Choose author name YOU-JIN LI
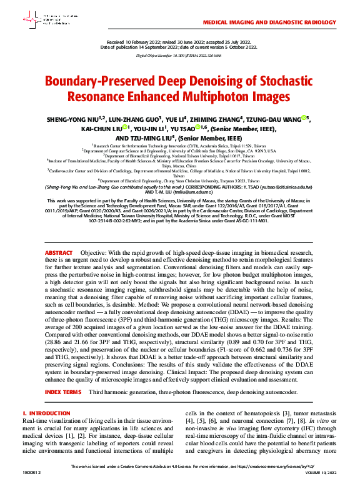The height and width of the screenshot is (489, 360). (x=149, y=129)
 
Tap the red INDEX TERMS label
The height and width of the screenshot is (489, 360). (x=63, y=392)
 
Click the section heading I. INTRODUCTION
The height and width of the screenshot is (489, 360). (x=46, y=413)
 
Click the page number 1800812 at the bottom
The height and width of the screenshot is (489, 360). (x=31, y=473)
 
